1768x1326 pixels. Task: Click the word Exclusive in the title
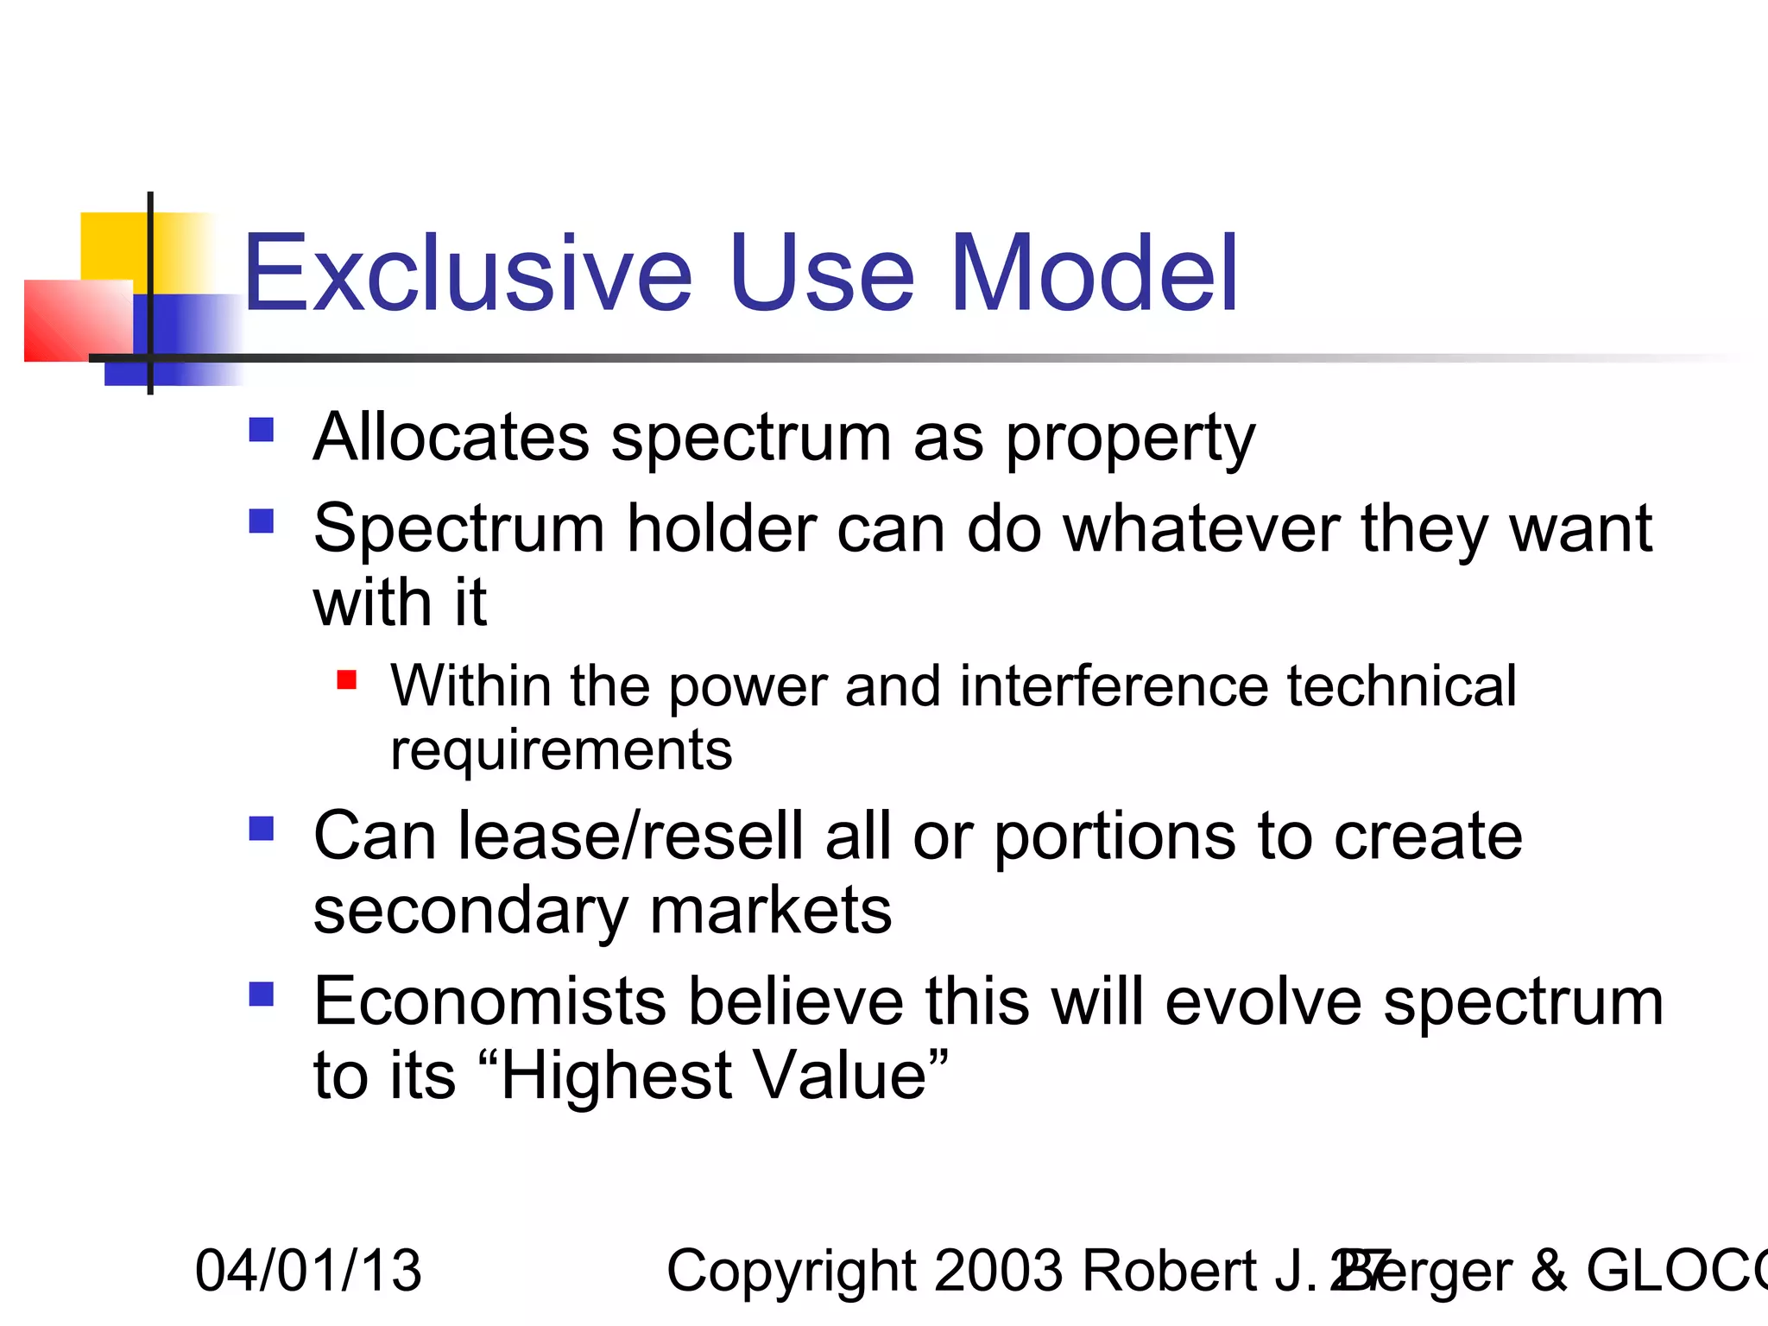click(x=467, y=274)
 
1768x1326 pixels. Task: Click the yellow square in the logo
click(x=112, y=246)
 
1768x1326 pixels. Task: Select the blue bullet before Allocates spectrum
click(x=261, y=430)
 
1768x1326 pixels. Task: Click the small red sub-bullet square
click(x=346, y=680)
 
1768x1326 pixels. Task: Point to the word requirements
click(x=561, y=750)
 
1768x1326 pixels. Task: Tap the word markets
click(x=770, y=911)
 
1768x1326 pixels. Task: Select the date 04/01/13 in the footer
click(x=308, y=1271)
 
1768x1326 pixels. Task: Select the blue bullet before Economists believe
click(x=261, y=994)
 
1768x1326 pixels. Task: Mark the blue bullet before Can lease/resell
click(x=261, y=829)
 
